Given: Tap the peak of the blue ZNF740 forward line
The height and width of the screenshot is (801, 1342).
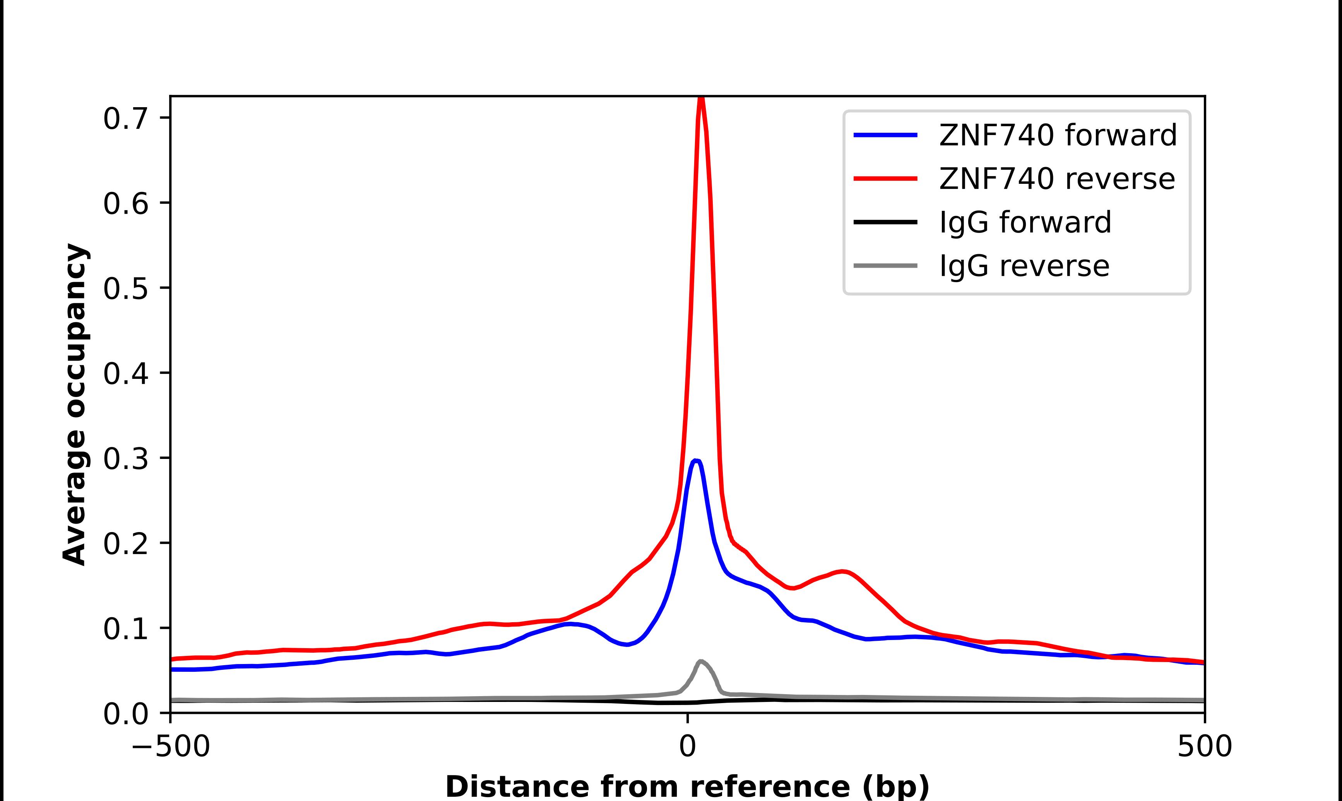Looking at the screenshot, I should [x=696, y=460].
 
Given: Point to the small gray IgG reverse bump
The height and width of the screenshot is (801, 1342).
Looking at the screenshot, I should [x=700, y=661].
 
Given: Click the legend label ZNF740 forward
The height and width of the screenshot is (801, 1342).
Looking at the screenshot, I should [x=1058, y=135].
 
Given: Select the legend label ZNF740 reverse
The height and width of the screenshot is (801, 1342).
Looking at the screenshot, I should [x=1056, y=179].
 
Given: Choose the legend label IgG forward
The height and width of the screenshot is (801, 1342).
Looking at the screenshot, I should [x=1025, y=222].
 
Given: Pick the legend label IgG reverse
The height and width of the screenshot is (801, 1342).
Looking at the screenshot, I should [x=1024, y=266].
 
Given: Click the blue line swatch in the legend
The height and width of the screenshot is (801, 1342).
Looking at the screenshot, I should [x=885, y=135].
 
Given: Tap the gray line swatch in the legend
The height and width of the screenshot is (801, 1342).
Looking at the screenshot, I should [x=885, y=265].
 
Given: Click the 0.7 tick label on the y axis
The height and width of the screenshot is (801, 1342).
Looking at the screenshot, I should [x=125, y=119].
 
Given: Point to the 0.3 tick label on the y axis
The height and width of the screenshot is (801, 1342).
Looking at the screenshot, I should [x=125, y=459].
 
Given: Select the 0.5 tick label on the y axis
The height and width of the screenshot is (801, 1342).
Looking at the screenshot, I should [x=125, y=289].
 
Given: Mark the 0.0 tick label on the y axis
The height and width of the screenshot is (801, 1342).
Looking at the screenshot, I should [x=125, y=714].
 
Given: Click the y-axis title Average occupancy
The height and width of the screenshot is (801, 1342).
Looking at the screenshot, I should [x=74, y=404].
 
